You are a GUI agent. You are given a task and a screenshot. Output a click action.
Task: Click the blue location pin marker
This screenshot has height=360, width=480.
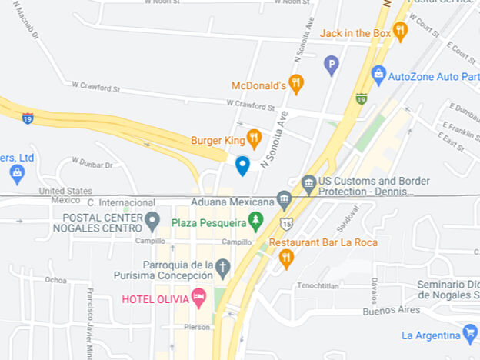[x=242, y=165]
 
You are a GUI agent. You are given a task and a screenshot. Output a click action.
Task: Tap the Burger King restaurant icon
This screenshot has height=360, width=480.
[x=254, y=139]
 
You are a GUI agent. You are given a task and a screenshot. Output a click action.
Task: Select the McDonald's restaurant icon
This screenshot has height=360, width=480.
[x=296, y=84]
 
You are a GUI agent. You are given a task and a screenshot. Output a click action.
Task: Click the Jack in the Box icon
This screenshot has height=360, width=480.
[x=399, y=32]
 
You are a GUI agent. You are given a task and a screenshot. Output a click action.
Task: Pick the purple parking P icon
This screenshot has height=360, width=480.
[x=332, y=65]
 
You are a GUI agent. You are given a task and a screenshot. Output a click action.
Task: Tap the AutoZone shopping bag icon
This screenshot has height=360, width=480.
[x=378, y=75]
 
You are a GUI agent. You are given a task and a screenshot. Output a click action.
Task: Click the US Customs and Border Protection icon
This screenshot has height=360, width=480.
[x=308, y=184]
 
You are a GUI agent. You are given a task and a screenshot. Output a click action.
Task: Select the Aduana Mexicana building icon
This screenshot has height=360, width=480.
[x=284, y=201]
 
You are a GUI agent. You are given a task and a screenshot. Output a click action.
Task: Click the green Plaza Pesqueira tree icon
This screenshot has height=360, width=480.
[x=255, y=222]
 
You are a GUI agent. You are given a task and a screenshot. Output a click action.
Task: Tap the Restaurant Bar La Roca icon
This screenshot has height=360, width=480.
[x=286, y=258]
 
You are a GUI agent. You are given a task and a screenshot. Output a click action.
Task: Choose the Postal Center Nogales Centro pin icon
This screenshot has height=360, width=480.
[x=152, y=222]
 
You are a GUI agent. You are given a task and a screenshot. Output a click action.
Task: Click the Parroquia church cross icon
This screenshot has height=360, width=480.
[x=222, y=268]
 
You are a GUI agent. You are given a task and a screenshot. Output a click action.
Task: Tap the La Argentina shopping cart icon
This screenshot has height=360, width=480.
[x=470, y=334]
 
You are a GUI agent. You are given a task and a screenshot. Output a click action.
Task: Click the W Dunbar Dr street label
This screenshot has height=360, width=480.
[x=92, y=163]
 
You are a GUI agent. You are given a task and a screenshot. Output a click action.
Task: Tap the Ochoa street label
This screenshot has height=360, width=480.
[x=55, y=279]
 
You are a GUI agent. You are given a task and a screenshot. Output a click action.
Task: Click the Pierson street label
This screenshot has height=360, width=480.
[x=196, y=326]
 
